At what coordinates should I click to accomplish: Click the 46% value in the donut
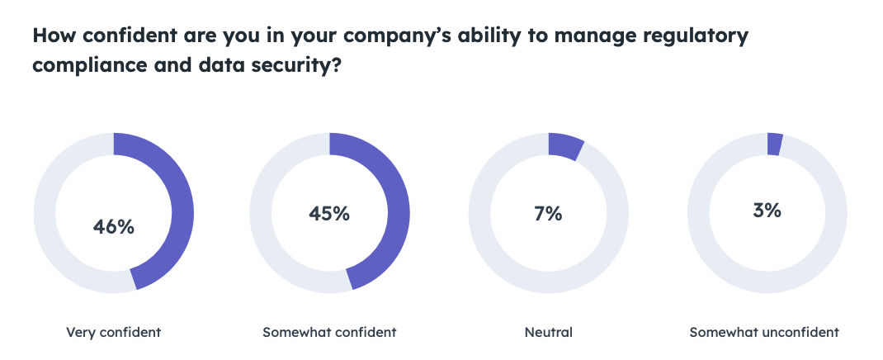tap(114, 227)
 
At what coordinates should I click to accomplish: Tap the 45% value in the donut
tap(329, 213)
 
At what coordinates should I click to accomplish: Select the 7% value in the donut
tap(548, 213)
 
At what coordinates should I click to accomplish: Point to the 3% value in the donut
tap(767, 210)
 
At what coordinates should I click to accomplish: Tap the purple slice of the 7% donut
tap(565, 146)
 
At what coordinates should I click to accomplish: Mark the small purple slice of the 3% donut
tap(774, 144)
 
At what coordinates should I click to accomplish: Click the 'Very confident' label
tap(114, 333)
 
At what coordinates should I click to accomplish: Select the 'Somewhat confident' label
tap(329, 333)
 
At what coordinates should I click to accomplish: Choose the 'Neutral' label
tap(548, 333)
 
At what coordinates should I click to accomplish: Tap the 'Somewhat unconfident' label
tap(764, 333)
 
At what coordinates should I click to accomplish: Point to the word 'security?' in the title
tap(290, 67)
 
